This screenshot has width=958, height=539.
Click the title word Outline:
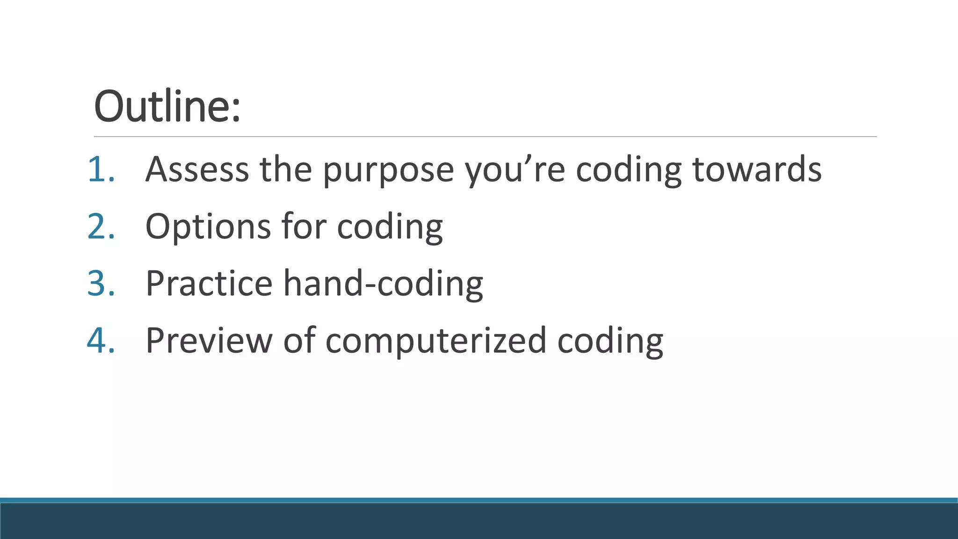tap(167, 106)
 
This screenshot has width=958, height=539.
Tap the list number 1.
tap(101, 169)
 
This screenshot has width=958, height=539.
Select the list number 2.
tap(101, 226)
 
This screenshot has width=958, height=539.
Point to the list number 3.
tap(101, 284)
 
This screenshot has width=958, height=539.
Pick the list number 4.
tap(101, 341)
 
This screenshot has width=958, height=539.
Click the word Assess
tap(197, 169)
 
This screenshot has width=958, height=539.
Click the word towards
tap(756, 169)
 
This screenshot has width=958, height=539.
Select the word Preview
tap(209, 341)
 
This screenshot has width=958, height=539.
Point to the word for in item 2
tap(304, 226)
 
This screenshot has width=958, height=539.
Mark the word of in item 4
tap(299, 341)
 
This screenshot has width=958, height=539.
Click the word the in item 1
tap(286, 169)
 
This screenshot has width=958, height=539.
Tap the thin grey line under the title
tap(485, 137)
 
